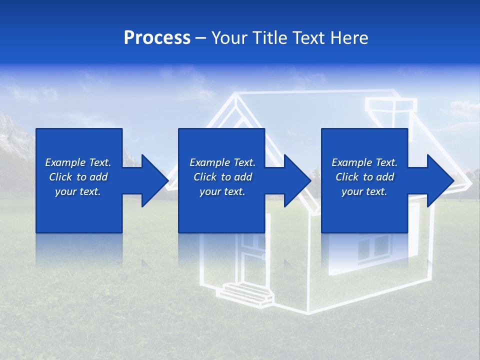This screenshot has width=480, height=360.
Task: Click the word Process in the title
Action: coord(157,38)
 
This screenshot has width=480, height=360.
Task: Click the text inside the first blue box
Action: coord(78,177)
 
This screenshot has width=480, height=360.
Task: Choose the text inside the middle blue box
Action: coord(222,177)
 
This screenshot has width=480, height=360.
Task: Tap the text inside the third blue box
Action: coord(364,177)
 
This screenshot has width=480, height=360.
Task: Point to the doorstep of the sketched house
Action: coord(248,292)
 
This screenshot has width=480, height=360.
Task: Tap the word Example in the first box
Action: coord(65,162)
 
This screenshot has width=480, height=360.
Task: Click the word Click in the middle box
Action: coord(204,177)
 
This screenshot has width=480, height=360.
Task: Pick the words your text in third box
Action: coord(364,191)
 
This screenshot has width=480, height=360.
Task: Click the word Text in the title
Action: coord(307,38)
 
